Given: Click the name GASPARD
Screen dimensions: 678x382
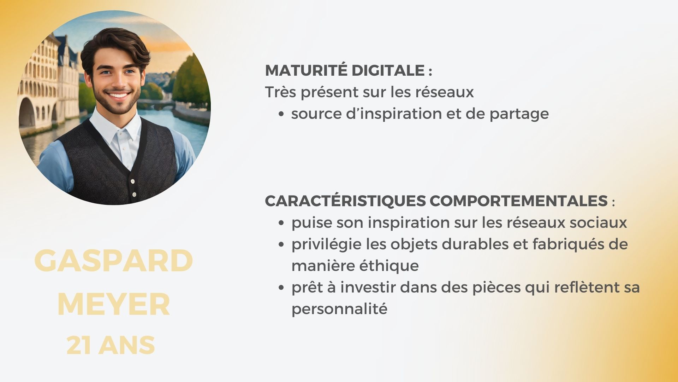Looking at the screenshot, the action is pyautogui.click(x=114, y=261).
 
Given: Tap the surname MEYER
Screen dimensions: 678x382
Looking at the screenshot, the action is pyautogui.click(x=114, y=305).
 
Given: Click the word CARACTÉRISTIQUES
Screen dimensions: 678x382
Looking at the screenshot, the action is pyautogui.click(x=345, y=201).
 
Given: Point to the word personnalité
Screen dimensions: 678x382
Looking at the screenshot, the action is pyautogui.click(x=339, y=309).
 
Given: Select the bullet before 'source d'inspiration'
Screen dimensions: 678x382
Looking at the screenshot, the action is pyautogui.click(x=281, y=114).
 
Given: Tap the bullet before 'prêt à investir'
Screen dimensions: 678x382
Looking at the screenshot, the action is pyautogui.click(x=281, y=288).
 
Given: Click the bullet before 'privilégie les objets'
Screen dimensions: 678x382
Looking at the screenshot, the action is pyautogui.click(x=281, y=244).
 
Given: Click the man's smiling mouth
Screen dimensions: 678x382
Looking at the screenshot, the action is pyautogui.click(x=118, y=95).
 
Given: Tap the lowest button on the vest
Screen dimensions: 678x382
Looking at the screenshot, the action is pyautogui.click(x=134, y=194).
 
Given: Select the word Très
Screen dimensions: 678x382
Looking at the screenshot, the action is pyautogui.click(x=281, y=92).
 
